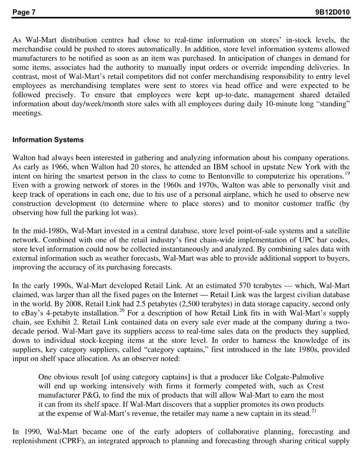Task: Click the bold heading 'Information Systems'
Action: (x=48, y=140)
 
